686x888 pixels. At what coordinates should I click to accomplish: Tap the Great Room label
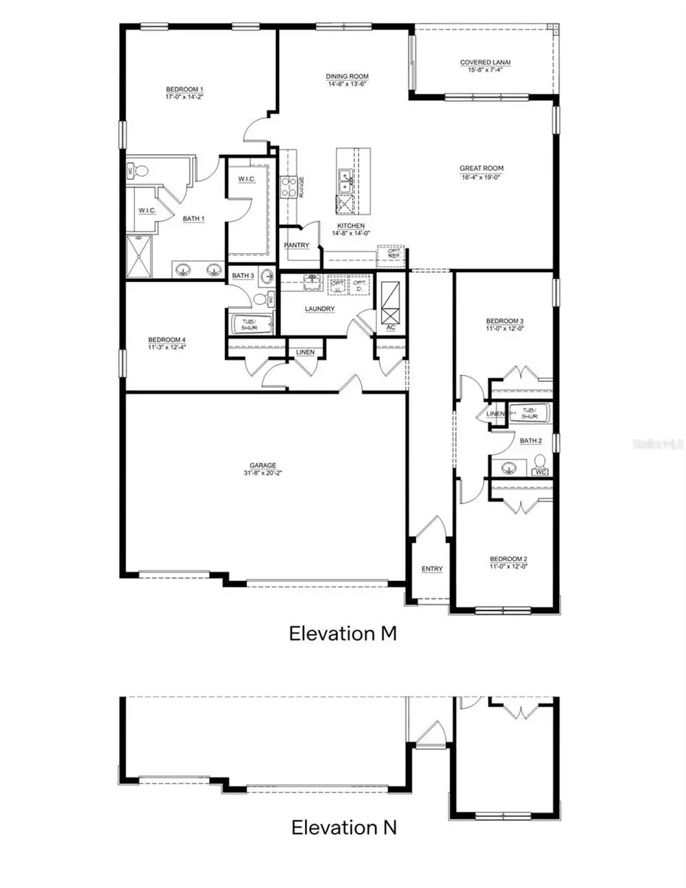481,168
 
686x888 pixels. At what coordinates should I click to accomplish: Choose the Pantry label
297,245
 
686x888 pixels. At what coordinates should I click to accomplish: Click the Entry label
432,569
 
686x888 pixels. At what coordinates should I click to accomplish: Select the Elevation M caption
343,633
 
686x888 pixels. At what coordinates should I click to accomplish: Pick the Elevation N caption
343,827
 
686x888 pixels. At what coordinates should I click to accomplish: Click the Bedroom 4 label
167,340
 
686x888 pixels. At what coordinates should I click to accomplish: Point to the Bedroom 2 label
508,559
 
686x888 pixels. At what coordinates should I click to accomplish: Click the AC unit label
390,327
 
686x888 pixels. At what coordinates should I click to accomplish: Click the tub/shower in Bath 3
249,322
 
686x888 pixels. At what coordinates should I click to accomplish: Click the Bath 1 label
194,219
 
